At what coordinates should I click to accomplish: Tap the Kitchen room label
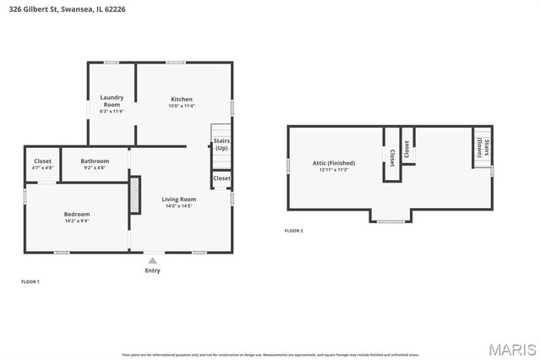pyautogui.click(x=182, y=99)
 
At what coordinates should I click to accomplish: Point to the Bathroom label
pyautogui.click(x=95, y=161)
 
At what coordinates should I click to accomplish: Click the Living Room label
pyautogui.click(x=178, y=199)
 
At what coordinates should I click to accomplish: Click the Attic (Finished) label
pyautogui.click(x=334, y=162)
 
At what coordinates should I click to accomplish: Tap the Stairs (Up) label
pyautogui.click(x=221, y=145)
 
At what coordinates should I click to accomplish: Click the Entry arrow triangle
pyautogui.click(x=152, y=261)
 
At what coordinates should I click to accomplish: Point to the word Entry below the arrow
pyautogui.click(x=152, y=270)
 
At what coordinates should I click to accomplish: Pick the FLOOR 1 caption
pyautogui.click(x=30, y=281)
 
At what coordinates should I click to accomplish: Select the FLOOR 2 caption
pyautogui.click(x=293, y=231)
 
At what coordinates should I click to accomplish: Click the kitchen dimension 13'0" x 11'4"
pyautogui.click(x=182, y=106)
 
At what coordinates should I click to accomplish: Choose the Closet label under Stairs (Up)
pyautogui.click(x=221, y=178)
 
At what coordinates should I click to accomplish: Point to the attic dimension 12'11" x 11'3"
pyautogui.click(x=334, y=170)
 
